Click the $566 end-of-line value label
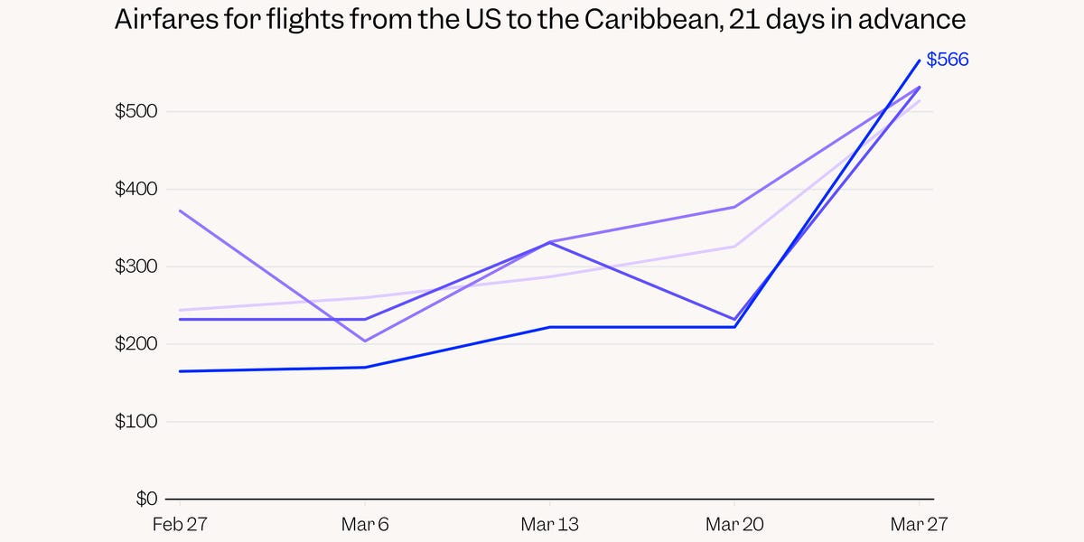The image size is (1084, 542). click(x=947, y=61)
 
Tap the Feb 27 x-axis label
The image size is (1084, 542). click(x=179, y=524)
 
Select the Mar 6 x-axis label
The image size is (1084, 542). click(x=365, y=524)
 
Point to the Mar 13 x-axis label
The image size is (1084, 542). click(x=549, y=524)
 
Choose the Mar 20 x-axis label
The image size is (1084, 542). click(x=734, y=524)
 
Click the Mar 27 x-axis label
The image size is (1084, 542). click(x=919, y=524)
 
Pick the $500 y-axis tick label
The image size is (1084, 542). click(x=137, y=112)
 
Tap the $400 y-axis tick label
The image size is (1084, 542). click(x=137, y=190)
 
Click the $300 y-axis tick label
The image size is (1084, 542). click(x=137, y=267)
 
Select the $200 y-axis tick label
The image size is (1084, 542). click(x=137, y=344)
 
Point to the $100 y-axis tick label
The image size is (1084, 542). click(x=137, y=422)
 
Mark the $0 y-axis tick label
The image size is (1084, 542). click(x=146, y=499)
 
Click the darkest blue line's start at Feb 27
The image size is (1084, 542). click(x=180, y=371)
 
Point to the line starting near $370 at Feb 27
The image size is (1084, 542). click(x=180, y=210)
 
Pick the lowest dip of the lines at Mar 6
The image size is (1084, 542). click(x=365, y=341)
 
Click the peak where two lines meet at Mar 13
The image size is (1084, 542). click(x=550, y=242)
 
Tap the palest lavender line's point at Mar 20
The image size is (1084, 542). click(x=734, y=247)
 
